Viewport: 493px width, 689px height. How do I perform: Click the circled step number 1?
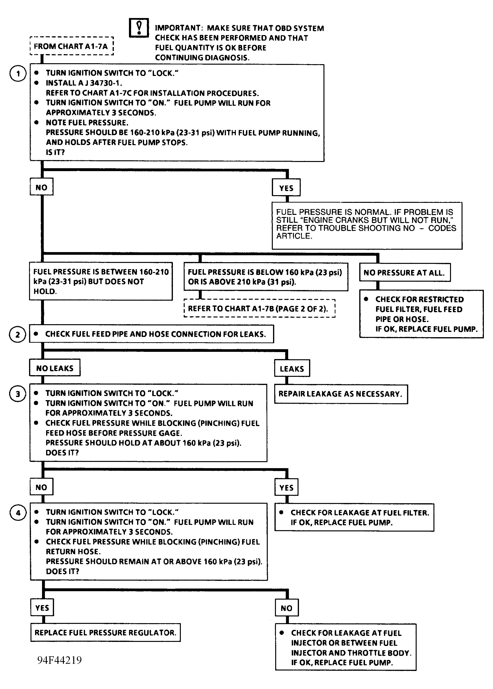(x=18, y=74)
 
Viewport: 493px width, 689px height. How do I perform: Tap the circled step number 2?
(x=18, y=334)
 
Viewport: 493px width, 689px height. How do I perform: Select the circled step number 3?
(x=18, y=394)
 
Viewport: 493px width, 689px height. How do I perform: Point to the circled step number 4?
(x=18, y=513)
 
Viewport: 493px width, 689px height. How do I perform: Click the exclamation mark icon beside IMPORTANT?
(x=139, y=28)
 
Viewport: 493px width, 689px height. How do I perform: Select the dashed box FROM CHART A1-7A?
(x=72, y=46)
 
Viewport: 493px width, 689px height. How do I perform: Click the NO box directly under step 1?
(x=42, y=187)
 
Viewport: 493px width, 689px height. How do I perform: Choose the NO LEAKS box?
(x=55, y=368)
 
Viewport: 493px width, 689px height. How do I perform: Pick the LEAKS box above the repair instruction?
(x=292, y=368)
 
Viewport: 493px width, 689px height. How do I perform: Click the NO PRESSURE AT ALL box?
(x=405, y=272)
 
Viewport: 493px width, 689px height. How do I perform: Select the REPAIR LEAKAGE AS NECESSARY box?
(x=341, y=394)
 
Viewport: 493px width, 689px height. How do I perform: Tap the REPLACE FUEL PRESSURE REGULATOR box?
(x=106, y=633)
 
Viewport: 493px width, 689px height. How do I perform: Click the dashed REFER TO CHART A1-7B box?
(x=260, y=308)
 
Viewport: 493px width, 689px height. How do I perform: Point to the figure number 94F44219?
(x=60, y=660)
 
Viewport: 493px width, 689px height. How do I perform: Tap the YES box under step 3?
(x=286, y=488)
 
